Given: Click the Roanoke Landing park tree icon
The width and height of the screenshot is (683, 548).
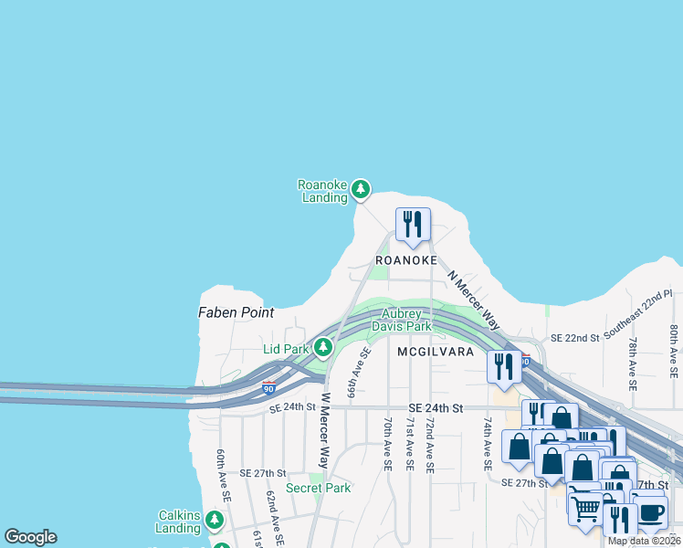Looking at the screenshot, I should (x=361, y=189).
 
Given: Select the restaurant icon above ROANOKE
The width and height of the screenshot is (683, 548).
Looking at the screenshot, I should (x=413, y=224).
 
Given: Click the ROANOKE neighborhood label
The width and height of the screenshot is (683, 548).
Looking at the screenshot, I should (x=400, y=260).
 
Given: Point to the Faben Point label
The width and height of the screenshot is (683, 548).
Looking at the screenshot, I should (x=236, y=312).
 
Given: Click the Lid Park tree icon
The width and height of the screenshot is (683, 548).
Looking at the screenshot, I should (x=322, y=347).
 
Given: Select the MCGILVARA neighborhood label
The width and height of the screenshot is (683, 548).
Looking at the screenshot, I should (x=435, y=351).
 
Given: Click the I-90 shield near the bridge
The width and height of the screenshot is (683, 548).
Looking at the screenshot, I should (x=268, y=387).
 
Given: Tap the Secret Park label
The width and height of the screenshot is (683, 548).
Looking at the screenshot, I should (x=318, y=488).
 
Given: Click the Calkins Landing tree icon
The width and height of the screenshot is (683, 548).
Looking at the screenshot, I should (x=214, y=520).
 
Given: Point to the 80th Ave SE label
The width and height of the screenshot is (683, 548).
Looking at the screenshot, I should (x=674, y=352).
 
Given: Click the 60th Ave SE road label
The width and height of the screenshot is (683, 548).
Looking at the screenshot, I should (x=221, y=475).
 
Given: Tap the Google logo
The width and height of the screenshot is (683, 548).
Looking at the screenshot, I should (x=30, y=537).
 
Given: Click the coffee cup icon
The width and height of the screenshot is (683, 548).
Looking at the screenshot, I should (x=649, y=511).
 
